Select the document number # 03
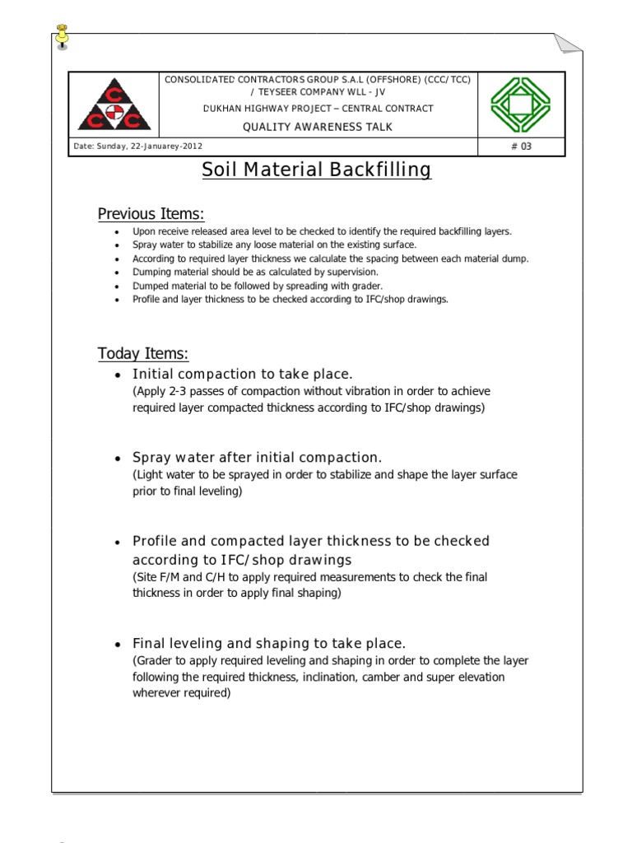[522, 147]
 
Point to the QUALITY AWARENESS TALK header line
[317, 127]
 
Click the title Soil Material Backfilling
[317, 170]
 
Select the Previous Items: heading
[151, 214]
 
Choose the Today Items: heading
[143, 354]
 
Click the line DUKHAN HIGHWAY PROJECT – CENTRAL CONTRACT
[317, 109]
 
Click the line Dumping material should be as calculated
[255, 272]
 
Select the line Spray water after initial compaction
[257, 458]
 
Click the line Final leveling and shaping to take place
[269, 644]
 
